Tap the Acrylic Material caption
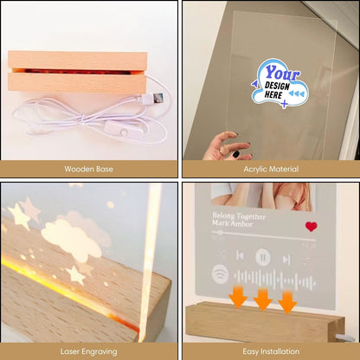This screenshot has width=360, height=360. click(x=270, y=169)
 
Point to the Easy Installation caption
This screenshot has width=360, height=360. click(x=270, y=351)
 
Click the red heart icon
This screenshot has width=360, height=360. click(x=312, y=227)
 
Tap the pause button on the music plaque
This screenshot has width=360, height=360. click(x=263, y=257)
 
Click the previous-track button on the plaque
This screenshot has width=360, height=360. click(x=241, y=257)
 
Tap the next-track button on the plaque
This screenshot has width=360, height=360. click(x=286, y=257)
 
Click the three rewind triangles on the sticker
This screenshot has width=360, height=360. click(x=298, y=93)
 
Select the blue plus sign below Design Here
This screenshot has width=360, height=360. click(x=285, y=104)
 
